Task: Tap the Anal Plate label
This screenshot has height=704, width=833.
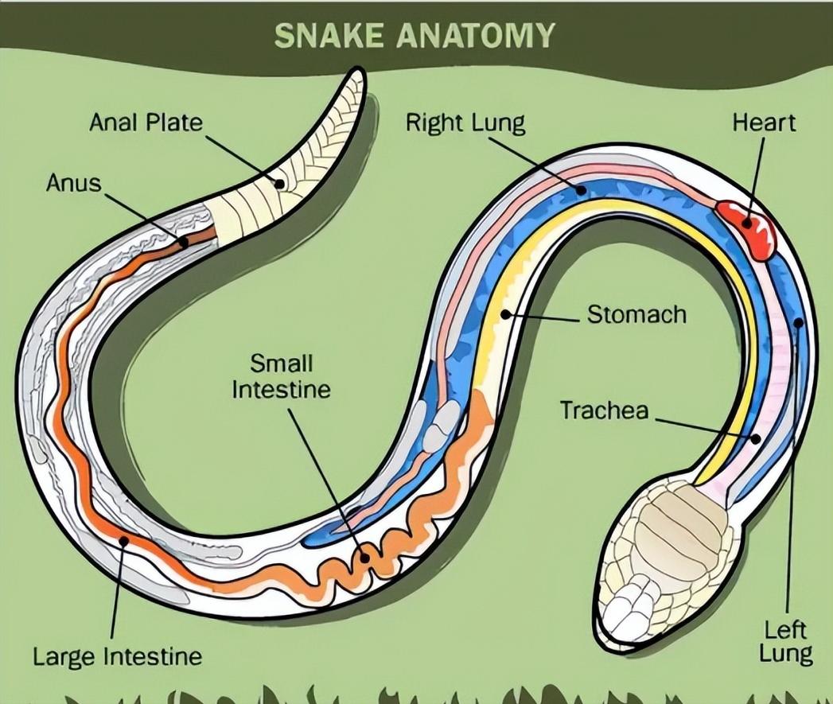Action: pos(146,123)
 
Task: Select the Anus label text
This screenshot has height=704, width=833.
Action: pos(74,183)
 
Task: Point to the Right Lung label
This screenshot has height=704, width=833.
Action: pos(465,123)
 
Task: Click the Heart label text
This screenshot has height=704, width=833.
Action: pos(763,123)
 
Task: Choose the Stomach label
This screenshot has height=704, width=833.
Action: pos(636,314)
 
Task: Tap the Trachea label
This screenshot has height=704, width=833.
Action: pos(605,410)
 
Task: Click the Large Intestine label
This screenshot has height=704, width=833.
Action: pos(117,657)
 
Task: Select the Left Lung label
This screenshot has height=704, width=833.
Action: pos(785,643)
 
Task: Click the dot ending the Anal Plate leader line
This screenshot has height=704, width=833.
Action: pos(278,183)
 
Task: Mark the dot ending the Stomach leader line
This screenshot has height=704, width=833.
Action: pos(504,315)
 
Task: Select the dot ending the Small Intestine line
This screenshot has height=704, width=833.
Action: pos(364,556)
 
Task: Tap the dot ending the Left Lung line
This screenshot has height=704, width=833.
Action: pos(798,322)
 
